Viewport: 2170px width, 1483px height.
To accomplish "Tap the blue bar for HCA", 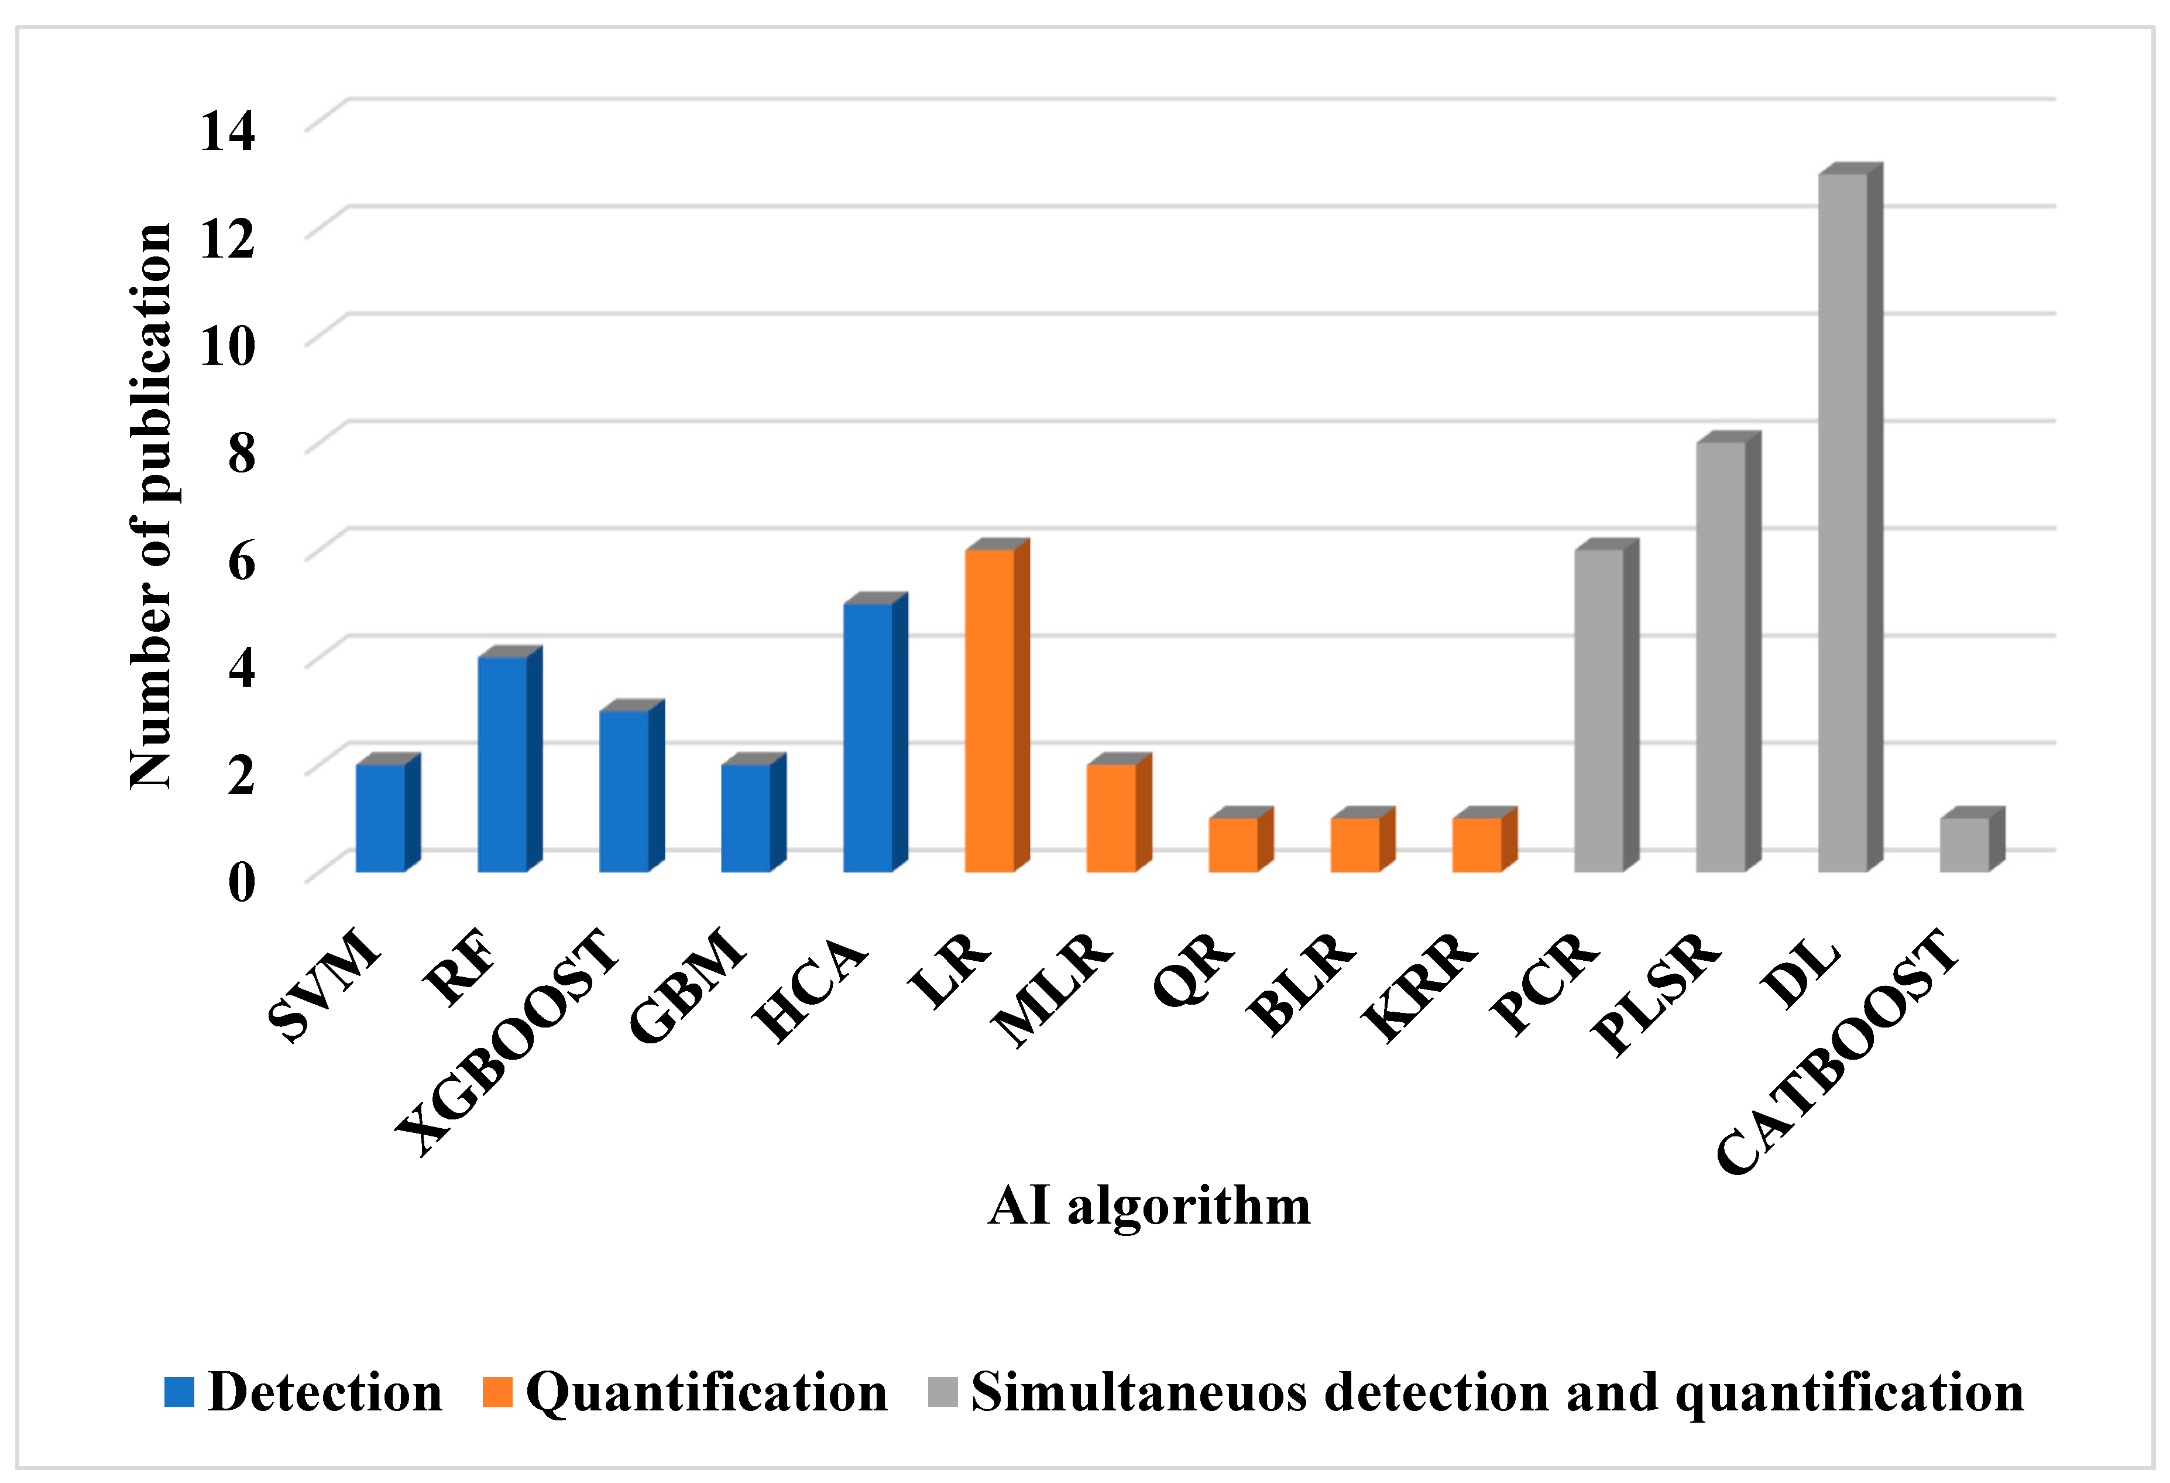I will pos(867,738).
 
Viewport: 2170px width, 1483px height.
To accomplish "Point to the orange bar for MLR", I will pos(1111,818).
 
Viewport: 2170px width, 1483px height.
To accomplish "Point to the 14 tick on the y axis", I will pos(227,130).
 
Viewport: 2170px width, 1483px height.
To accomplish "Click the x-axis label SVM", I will pos(324,985).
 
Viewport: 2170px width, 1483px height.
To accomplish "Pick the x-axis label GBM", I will pos(688,985).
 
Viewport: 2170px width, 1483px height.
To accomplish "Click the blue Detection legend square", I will pos(179,1392).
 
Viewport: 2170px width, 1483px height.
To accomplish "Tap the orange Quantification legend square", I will pos(497,1392).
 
